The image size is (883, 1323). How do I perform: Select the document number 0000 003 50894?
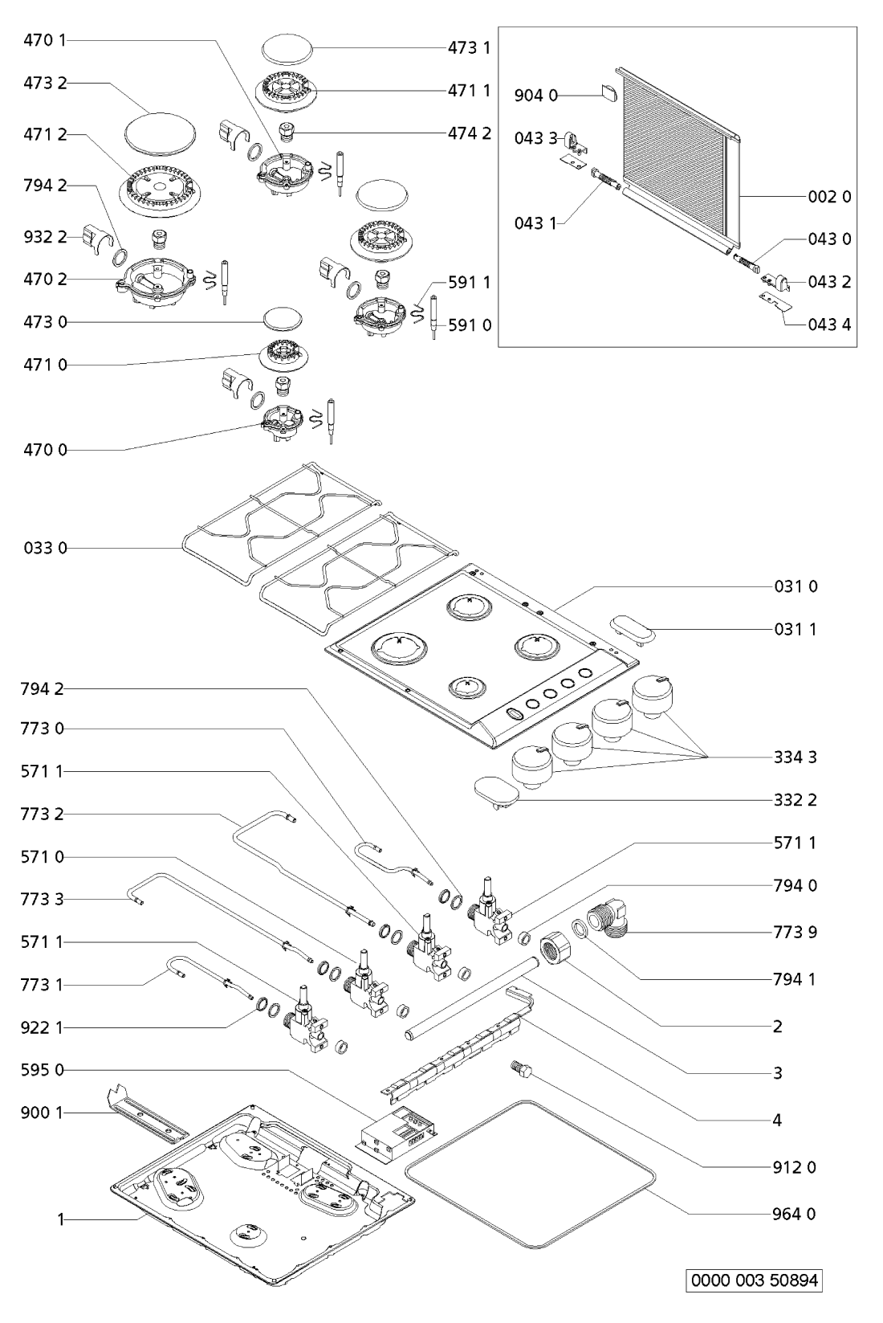click(754, 1280)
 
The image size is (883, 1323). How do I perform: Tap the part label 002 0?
click(830, 196)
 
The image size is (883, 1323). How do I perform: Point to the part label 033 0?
click(46, 548)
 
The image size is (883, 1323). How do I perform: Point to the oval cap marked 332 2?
click(496, 790)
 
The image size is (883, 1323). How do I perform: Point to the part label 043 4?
click(830, 325)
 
